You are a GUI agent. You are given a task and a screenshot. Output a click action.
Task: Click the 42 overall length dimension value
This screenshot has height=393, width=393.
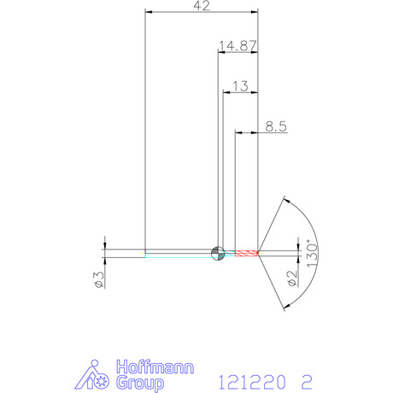pos(202,6)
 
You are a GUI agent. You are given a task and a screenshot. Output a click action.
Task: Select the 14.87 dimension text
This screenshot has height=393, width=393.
pos(238,46)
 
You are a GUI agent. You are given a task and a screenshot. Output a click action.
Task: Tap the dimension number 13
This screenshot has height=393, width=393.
pos(240,86)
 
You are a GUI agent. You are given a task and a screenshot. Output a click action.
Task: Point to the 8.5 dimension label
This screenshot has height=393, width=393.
pos(276,126)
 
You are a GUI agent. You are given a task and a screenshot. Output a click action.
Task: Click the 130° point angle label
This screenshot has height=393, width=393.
pos(312,254)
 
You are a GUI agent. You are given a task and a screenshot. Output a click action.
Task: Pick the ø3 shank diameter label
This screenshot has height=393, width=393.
pos(99,279)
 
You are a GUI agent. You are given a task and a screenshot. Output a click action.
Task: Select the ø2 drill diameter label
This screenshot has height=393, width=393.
pos(292,279)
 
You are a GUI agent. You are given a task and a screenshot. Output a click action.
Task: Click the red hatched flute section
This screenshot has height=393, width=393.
pos(246,253)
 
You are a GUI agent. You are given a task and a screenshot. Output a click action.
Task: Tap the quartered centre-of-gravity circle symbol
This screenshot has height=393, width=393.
pos(218,253)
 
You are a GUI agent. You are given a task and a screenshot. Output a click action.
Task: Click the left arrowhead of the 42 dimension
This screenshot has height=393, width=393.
pos(149,12)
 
